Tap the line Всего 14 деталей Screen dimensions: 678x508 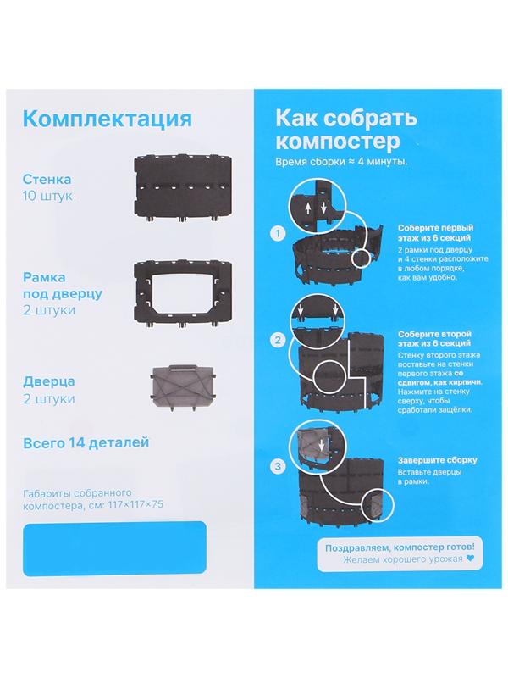click(87, 442)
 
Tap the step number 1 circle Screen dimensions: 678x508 click(277, 231)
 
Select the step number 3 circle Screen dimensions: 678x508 click(277, 465)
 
